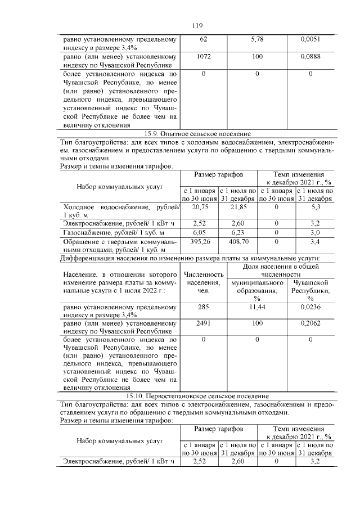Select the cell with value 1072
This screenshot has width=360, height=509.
[203, 57]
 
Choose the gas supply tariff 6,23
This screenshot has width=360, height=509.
[238, 232]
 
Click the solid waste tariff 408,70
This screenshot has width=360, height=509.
[238, 241]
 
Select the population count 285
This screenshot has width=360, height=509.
[203, 308]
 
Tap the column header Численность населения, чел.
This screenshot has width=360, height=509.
[203, 282]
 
